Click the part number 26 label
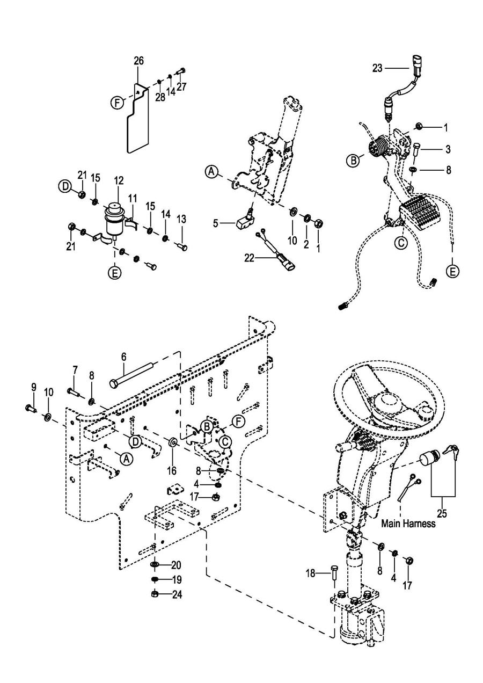pos(138,61)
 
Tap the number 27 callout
pos(181,86)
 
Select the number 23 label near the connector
pos(377,68)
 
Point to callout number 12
pos(119,180)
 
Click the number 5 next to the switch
pos(216,224)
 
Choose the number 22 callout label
pos(249,258)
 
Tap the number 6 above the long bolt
pos(123,357)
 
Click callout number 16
pos(172,470)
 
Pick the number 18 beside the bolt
pos(311,573)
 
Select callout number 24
pos(177,594)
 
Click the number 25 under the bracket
pos(442,513)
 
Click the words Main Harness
pos(408,524)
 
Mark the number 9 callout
pos(33,388)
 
